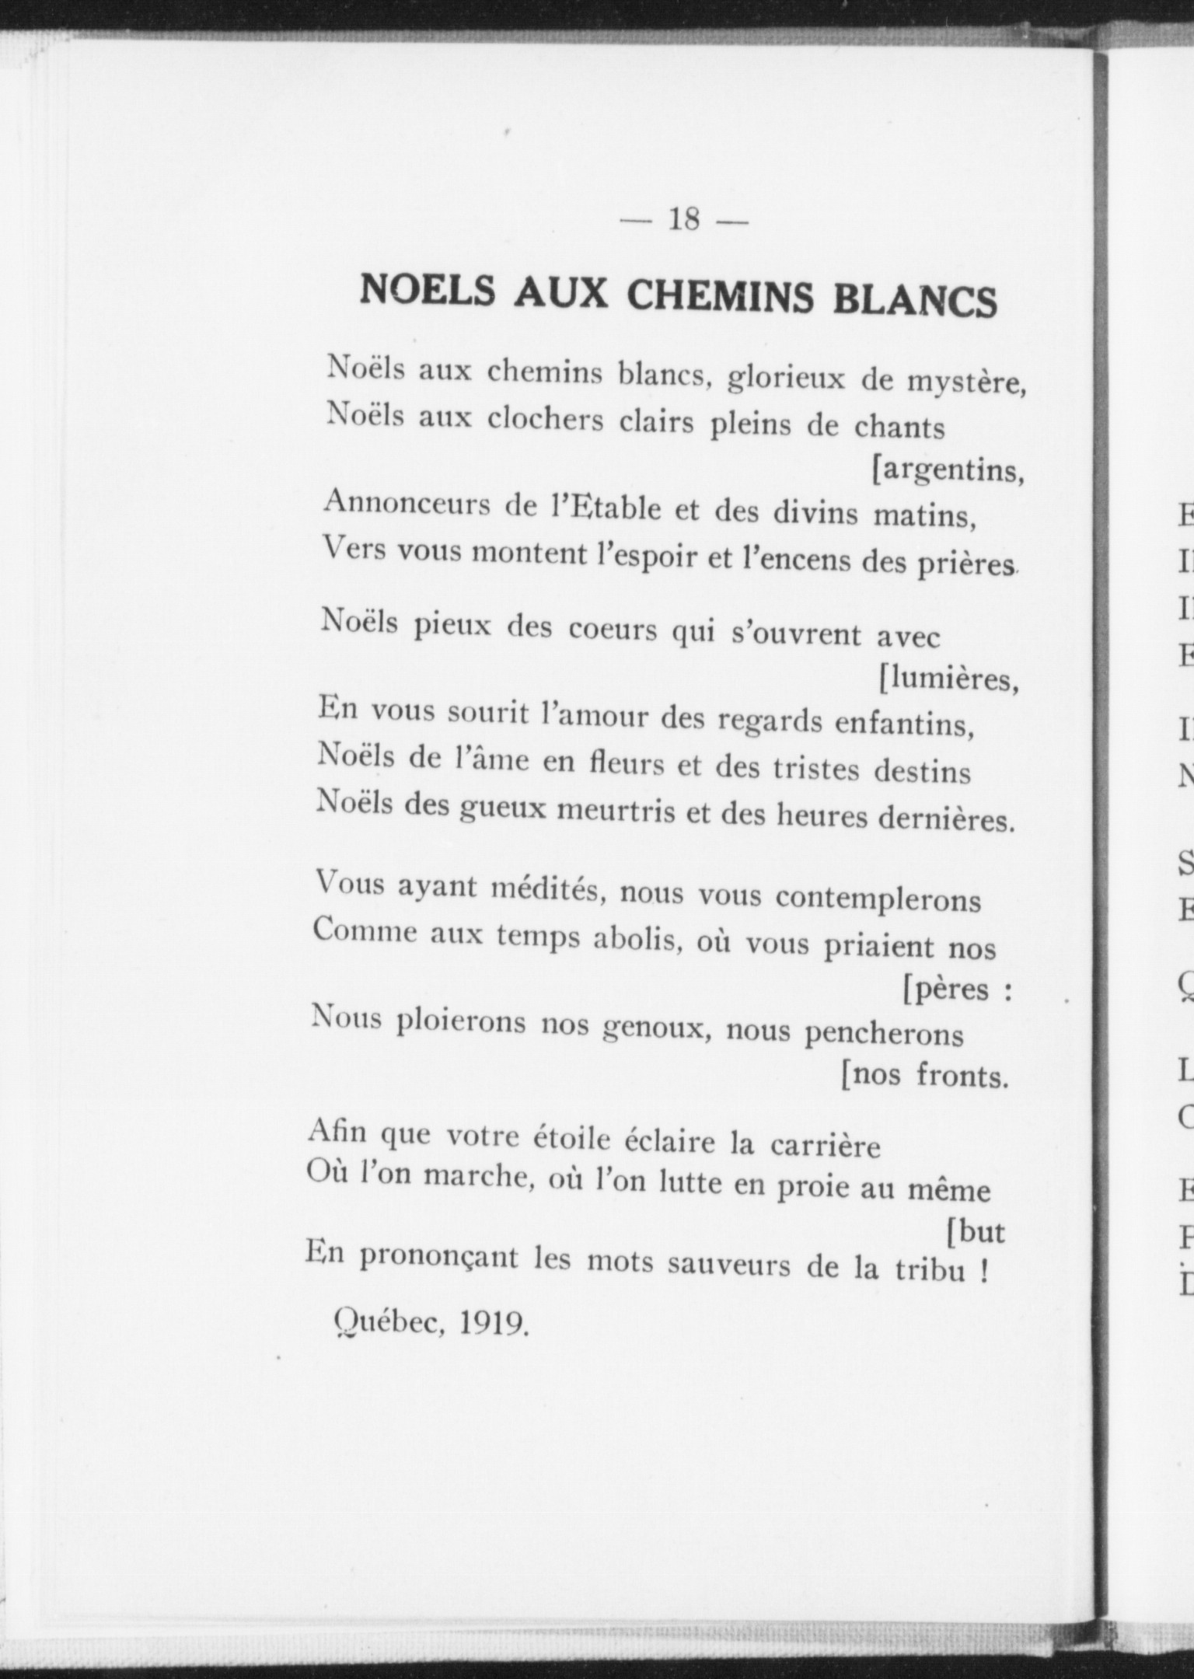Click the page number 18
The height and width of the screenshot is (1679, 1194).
684,220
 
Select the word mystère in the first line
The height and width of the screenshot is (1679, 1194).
965,382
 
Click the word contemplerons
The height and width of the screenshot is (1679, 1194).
878,900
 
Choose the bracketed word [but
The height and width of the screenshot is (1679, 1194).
976,1232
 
